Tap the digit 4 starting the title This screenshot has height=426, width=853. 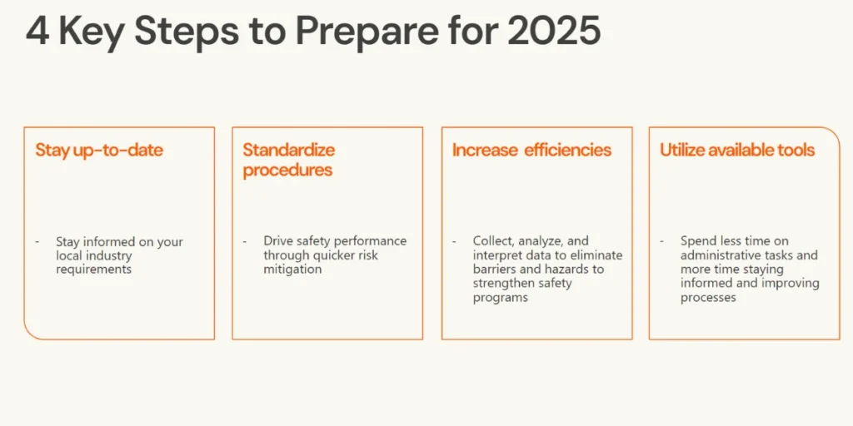pos(37,31)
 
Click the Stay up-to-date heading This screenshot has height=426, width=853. pos(99,151)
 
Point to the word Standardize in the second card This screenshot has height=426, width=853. pos(288,150)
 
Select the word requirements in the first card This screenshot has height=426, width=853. pos(93,270)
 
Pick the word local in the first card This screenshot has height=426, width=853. pos(69,255)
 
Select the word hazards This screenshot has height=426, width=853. pos(565,270)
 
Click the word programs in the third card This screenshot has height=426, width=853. pos(500,298)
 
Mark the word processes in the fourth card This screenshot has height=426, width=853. pos(708,298)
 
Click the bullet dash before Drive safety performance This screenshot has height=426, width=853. pos(244,241)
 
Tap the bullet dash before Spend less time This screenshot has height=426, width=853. pos(661,241)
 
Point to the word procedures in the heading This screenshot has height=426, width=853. pos(287,171)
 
